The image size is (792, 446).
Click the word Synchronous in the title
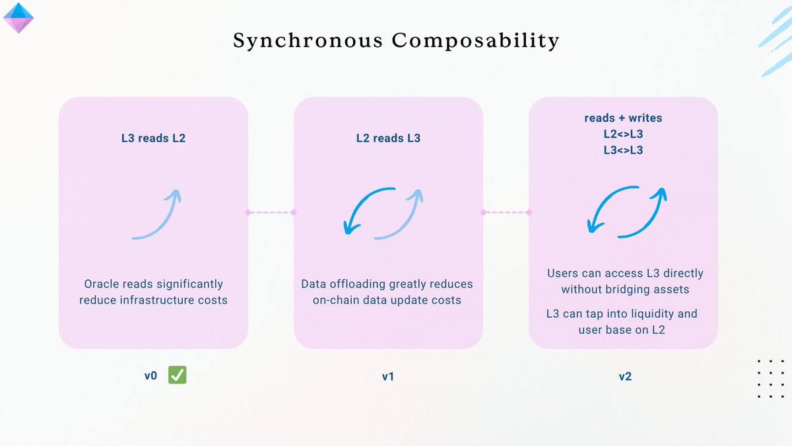pyautogui.click(x=307, y=41)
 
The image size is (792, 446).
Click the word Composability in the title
pyautogui.click(x=475, y=41)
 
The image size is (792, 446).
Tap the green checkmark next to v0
pyautogui.click(x=177, y=375)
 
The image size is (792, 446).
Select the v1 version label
pyautogui.click(x=388, y=377)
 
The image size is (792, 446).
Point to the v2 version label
pyautogui.click(x=624, y=377)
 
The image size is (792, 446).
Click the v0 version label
pyautogui.click(x=151, y=377)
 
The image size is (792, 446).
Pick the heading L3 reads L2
pyautogui.click(x=153, y=138)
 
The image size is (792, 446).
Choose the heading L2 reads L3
pyautogui.click(x=388, y=138)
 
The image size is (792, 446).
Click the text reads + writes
pyautogui.click(x=623, y=118)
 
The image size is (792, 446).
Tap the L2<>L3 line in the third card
pyautogui.click(x=623, y=134)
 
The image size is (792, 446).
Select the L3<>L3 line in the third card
pyautogui.click(x=623, y=150)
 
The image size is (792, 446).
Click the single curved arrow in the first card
pyautogui.click(x=156, y=214)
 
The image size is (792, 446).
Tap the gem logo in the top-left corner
pyautogui.click(x=18, y=18)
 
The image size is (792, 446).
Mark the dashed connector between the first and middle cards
pyautogui.click(x=271, y=212)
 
